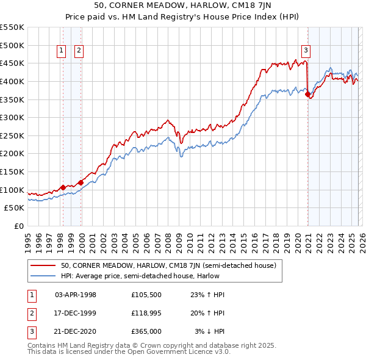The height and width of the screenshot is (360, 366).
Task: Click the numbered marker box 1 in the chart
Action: tap(62, 51)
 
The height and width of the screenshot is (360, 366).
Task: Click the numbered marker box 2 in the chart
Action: tap(79, 51)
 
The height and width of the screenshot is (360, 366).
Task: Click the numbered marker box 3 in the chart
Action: tap(306, 51)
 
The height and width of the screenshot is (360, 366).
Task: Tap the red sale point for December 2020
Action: tap(307, 94)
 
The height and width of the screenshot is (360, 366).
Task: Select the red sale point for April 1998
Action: tap(63, 188)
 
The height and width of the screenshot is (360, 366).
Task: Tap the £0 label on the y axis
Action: tap(18, 226)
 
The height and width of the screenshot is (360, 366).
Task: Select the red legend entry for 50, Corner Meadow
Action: tap(168, 265)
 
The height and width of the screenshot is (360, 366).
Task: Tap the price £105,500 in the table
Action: tap(147, 295)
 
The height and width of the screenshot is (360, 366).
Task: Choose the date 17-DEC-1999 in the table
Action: tap(76, 312)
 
